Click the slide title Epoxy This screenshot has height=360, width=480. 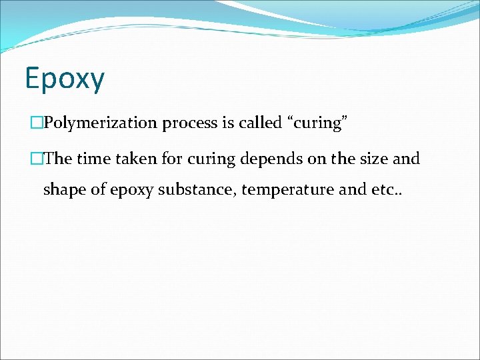[x=65, y=79]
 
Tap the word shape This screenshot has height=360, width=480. [x=64, y=190]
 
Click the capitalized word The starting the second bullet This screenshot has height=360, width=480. [x=58, y=159]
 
